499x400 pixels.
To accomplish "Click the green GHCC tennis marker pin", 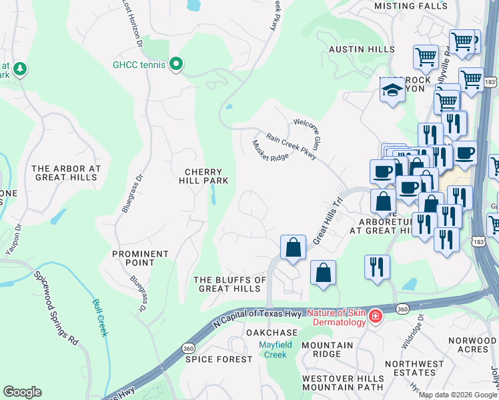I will tap(176, 64).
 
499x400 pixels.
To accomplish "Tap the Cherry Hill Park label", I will tap(207, 175).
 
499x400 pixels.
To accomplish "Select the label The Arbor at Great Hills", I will tap(66, 173).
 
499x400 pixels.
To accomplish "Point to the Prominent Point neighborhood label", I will tap(140, 259).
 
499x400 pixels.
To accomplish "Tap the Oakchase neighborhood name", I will tap(271, 332).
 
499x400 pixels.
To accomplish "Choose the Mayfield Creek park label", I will tap(272, 349).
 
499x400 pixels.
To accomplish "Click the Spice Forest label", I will tap(219, 359).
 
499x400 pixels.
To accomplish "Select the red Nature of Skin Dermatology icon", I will tap(376, 315).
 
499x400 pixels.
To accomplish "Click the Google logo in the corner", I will tap(23, 391).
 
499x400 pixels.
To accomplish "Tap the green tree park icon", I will tap(20, 69).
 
